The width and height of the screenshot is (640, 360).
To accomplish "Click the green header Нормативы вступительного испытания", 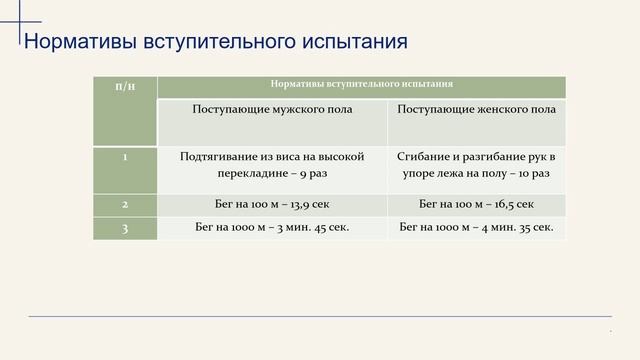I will coord(361,85).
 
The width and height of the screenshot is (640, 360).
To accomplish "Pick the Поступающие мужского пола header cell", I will coord(271,108).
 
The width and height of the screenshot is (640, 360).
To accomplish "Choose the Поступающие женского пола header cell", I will coord(476,108).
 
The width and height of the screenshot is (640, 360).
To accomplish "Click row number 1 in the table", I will coord(125,157).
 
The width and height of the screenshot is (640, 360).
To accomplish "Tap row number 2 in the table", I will coord(125,204).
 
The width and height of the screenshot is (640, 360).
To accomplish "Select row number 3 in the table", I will coord(125,228).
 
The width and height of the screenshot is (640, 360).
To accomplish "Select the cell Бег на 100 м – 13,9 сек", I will coord(271,204).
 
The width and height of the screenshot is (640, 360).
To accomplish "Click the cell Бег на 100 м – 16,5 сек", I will coord(476,204).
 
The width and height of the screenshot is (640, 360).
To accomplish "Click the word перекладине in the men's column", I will coord(251,173).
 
